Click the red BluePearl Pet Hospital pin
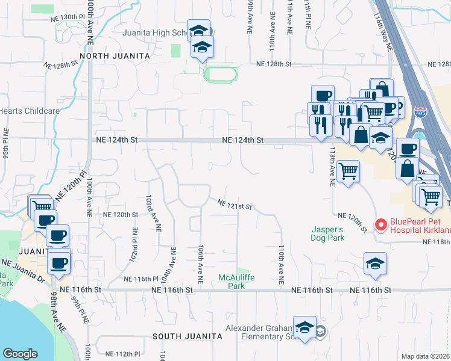tap(380, 225)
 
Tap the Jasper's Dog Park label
tap(328, 233)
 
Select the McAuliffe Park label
tap(232, 282)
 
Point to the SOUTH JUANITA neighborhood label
tap(183, 336)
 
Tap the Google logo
tap(20, 353)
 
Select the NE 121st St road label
tap(235, 205)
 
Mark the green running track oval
tap(221, 75)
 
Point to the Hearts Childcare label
tap(30, 111)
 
